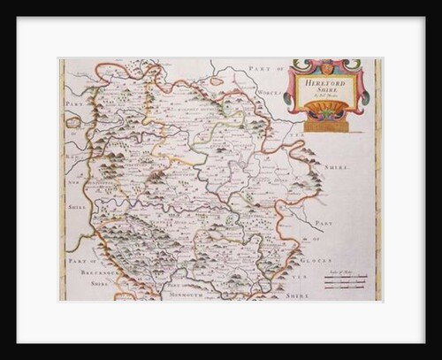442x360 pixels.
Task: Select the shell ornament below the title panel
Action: point(326,112)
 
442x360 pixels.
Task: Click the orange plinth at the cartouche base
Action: point(326,126)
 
